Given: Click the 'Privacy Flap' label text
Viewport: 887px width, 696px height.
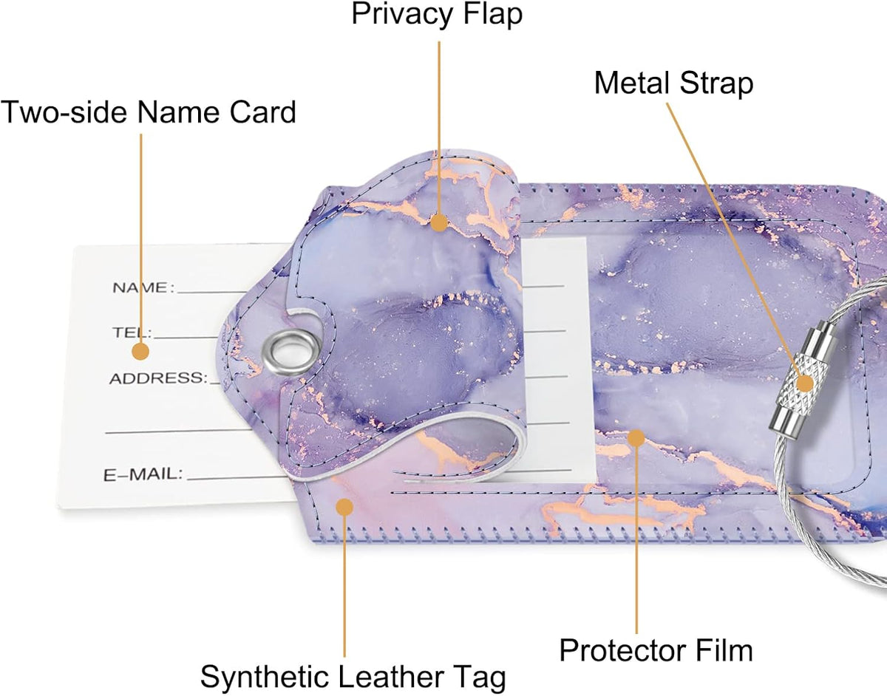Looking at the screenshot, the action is pos(437,15).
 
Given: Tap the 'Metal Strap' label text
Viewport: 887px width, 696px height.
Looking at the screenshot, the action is pos(673,83).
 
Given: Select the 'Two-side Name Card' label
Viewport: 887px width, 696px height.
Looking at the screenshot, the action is pos(148,112).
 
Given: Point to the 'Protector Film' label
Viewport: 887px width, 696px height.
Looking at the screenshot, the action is pos(656,650).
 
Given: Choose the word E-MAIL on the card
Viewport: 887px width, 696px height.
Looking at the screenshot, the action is pos(143,474).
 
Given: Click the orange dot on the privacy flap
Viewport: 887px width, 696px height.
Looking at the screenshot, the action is pos(439,222).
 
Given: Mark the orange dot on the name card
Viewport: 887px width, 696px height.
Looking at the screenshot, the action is pos(140,351).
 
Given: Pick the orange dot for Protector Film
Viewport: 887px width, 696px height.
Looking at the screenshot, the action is pos(636,437).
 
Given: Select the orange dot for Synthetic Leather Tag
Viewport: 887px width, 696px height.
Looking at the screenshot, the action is pos(344,507).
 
